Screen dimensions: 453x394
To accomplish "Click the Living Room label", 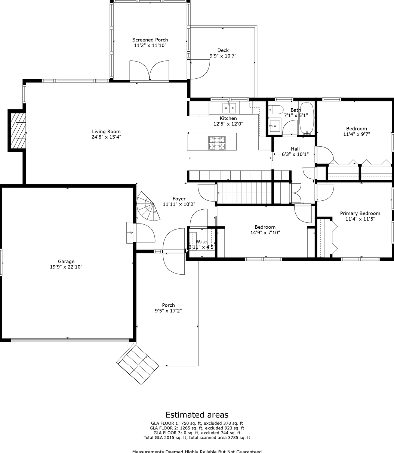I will click(106, 131).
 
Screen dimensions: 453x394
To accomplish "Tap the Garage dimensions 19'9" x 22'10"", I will click(66, 267).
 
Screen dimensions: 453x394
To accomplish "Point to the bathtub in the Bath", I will click(307, 118).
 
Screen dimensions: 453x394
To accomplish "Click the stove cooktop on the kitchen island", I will click(217, 143).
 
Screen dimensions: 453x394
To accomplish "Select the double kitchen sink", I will click(229, 108).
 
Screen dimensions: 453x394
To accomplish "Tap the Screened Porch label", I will click(150, 40).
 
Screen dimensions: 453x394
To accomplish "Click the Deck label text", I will click(223, 50).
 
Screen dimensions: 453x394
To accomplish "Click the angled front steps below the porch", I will click(138, 364).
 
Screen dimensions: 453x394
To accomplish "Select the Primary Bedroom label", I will click(360, 213).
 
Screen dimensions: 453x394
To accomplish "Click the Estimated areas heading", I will click(197, 415).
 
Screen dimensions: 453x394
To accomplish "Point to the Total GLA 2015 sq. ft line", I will click(197, 438).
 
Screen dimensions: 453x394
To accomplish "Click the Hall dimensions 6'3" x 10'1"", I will click(295, 154).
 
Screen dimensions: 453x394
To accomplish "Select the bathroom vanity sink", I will click(275, 126).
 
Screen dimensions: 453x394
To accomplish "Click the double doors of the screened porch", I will click(150, 71).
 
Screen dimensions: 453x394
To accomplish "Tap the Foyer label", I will click(179, 199).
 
